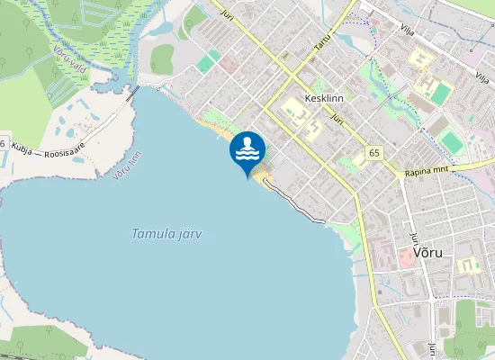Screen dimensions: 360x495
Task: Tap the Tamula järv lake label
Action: pyautogui.click(x=166, y=234)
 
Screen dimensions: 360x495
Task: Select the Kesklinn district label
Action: pyautogui.click(x=326, y=98)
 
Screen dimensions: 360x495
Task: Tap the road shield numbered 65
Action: pyautogui.click(x=373, y=153)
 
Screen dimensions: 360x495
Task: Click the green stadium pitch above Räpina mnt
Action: pyautogui.click(x=451, y=141)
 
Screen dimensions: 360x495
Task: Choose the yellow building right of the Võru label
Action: pyautogui.click(x=467, y=265)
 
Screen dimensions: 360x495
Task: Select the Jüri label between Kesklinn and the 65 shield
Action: pyautogui.click(x=337, y=119)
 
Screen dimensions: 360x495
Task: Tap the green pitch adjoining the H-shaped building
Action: pyautogui.click(x=440, y=93)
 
